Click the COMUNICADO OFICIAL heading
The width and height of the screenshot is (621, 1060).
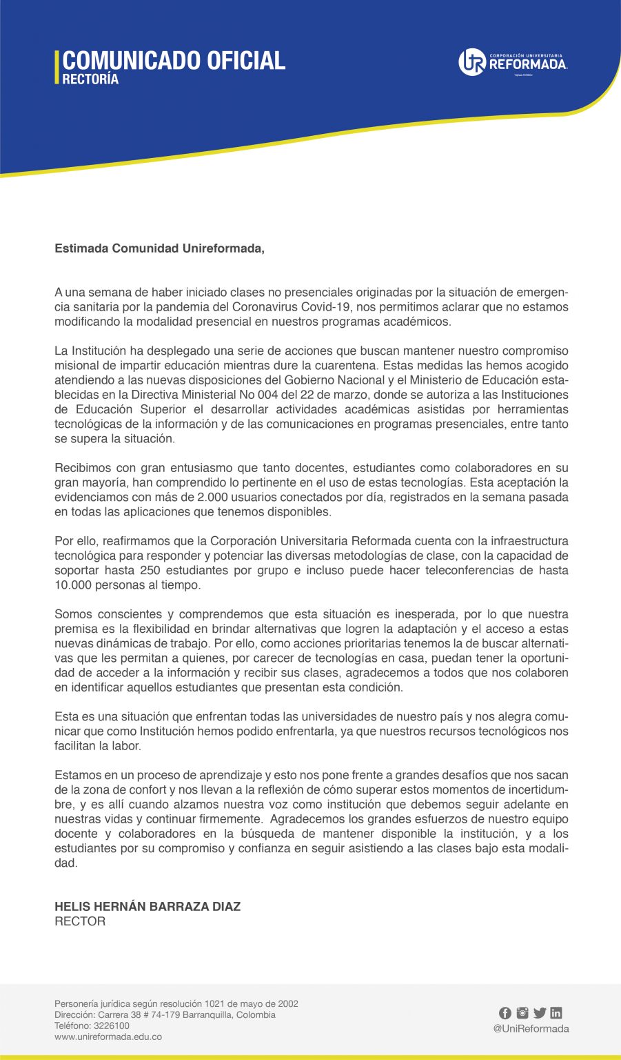pos(174,60)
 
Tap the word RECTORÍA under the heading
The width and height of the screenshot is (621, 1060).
pos(90,79)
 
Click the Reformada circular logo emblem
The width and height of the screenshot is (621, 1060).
pos(472,62)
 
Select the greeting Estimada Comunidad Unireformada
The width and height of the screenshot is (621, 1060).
pos(159,248)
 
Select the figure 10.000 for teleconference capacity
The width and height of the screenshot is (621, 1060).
pos(73,585)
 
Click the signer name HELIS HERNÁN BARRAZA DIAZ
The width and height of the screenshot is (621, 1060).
pos(147,906)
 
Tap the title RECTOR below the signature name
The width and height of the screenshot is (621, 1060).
pos(80,921)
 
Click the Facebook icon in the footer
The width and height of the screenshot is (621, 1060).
pos(505,1013)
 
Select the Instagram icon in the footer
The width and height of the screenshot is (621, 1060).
pos(522,1013)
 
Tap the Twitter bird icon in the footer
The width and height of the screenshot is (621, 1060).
pos(539,1013)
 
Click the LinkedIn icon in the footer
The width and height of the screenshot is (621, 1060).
pos(556,1013)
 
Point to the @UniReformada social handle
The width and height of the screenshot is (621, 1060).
pos(531,1028)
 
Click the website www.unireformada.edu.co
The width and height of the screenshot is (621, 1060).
pos(108,1037)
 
